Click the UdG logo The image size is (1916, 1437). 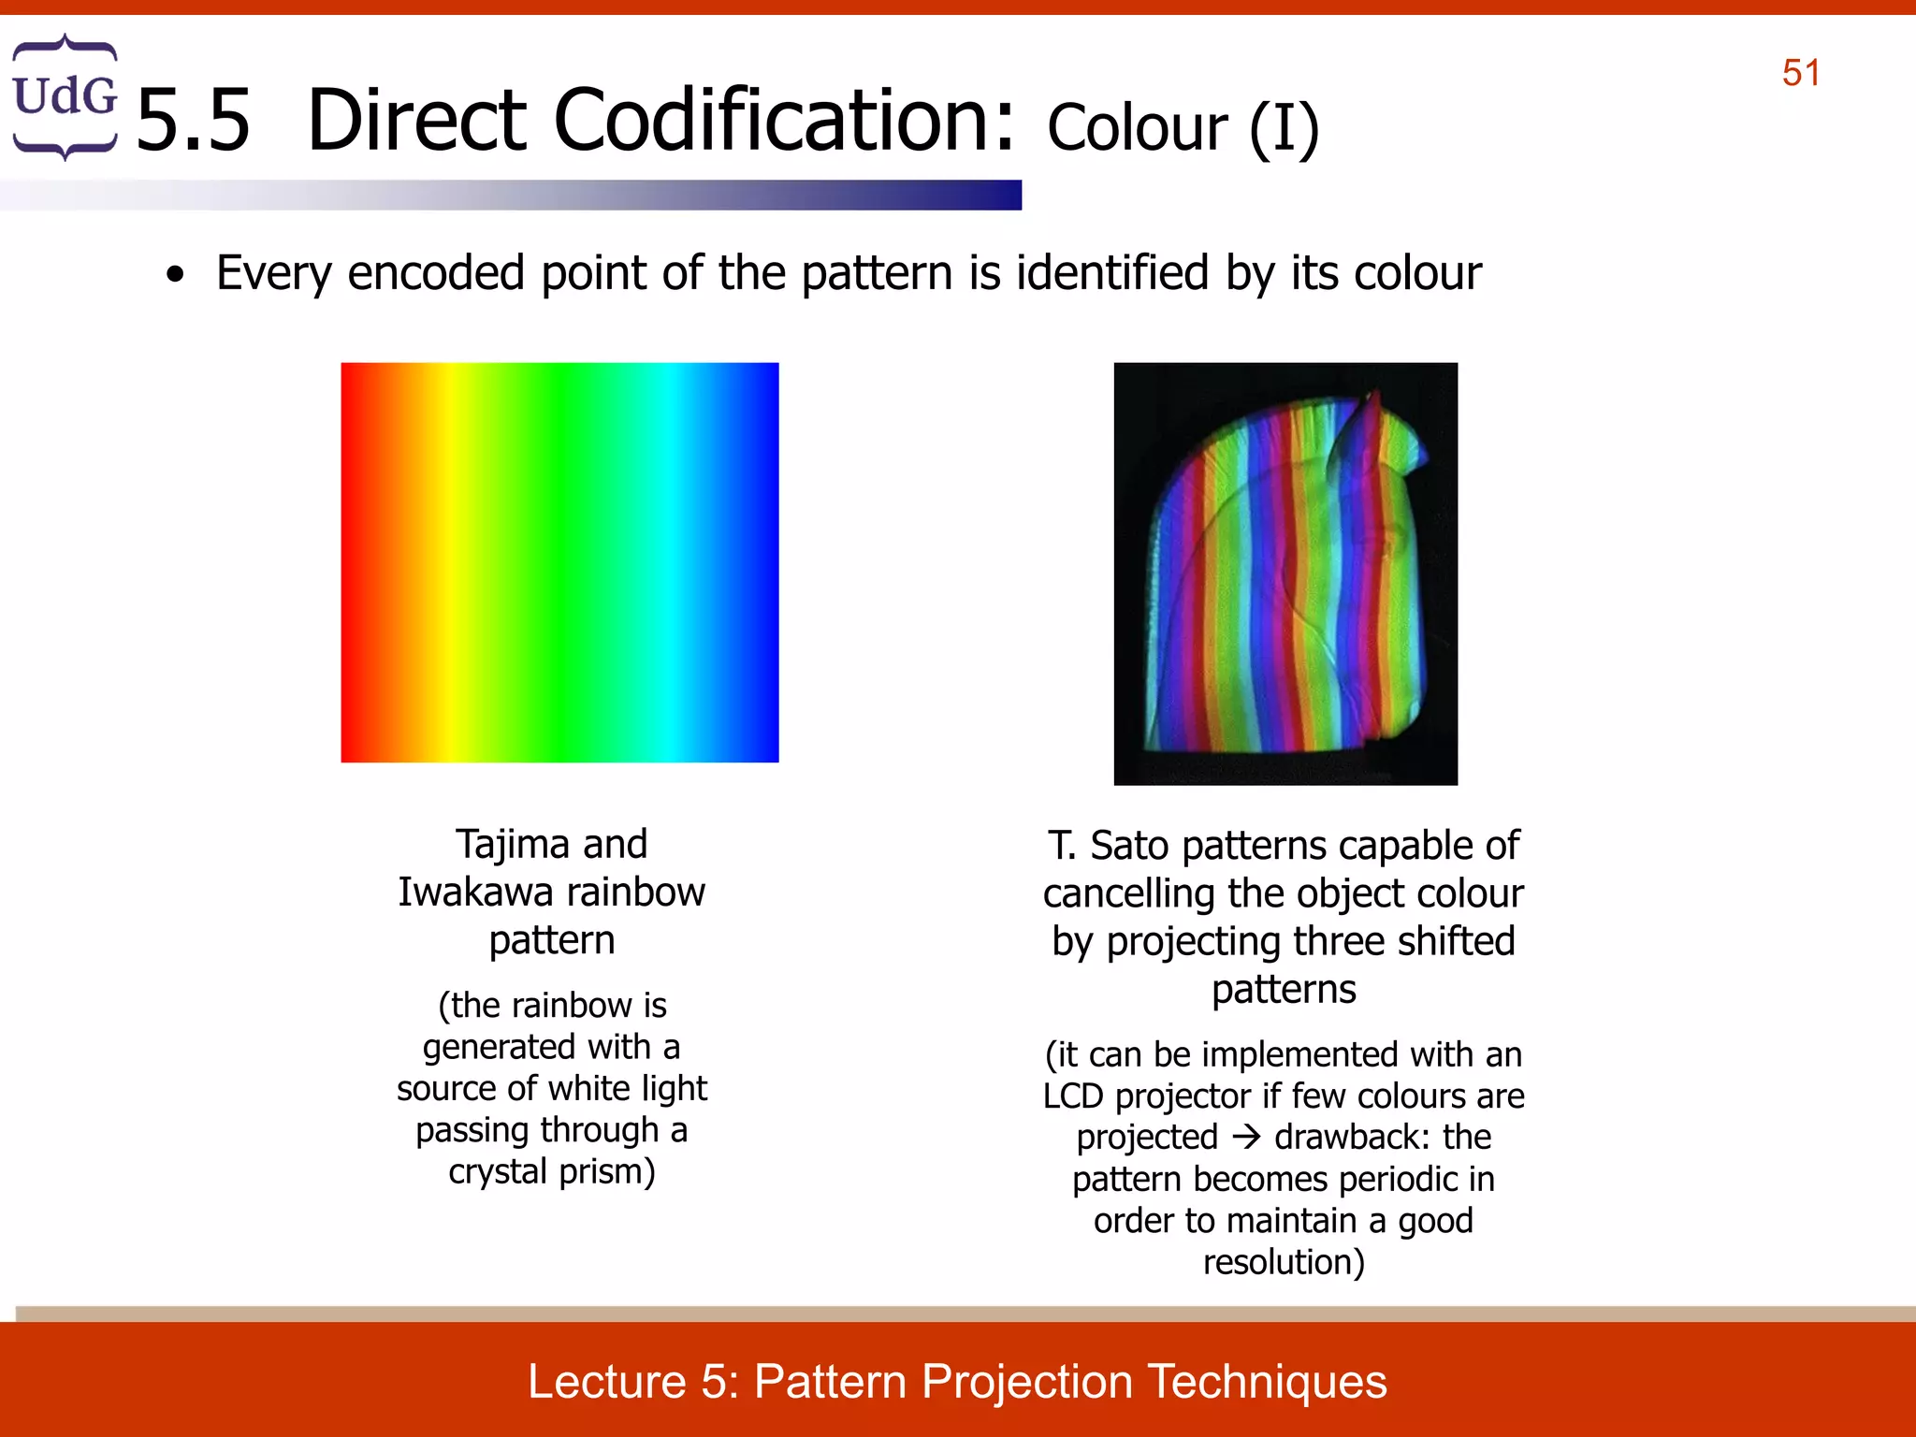tap(65, 97)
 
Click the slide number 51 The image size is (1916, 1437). tap(1801, 73)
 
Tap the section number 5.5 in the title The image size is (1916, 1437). tap(194, 122)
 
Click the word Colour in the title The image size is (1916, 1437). tap(1137, 128)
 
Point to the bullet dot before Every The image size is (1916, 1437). tap(175, 276)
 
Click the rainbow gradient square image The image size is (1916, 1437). tap(559, 562)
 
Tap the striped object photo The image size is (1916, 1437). tap(1285, 573)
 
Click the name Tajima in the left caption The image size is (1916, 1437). tap(513, 844)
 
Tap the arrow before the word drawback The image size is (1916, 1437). tap(1246, 1138)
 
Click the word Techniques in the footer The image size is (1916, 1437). tap(1267, 1381)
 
